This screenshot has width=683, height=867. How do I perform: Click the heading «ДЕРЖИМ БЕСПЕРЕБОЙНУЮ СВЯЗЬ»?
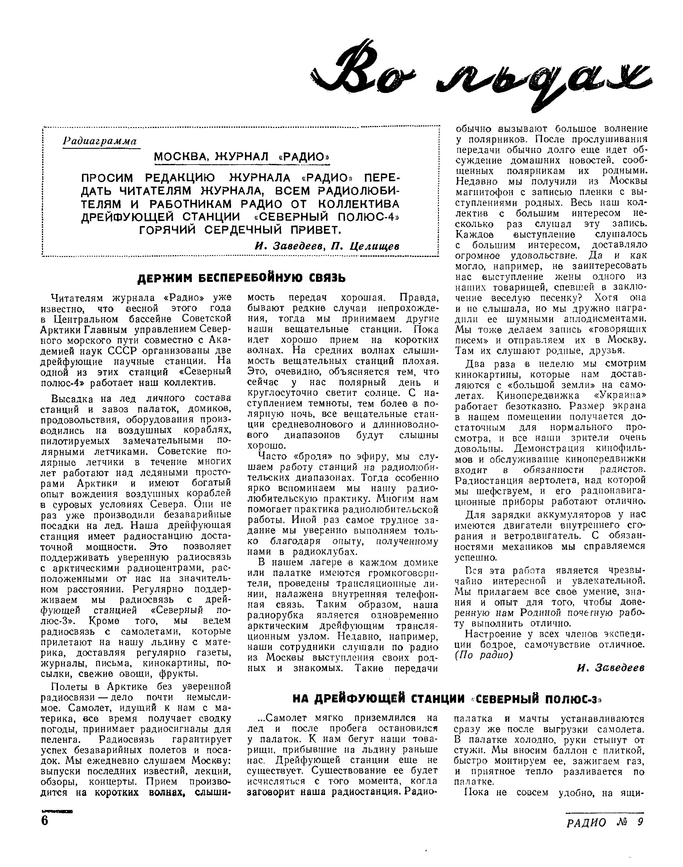tap(241, 277)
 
